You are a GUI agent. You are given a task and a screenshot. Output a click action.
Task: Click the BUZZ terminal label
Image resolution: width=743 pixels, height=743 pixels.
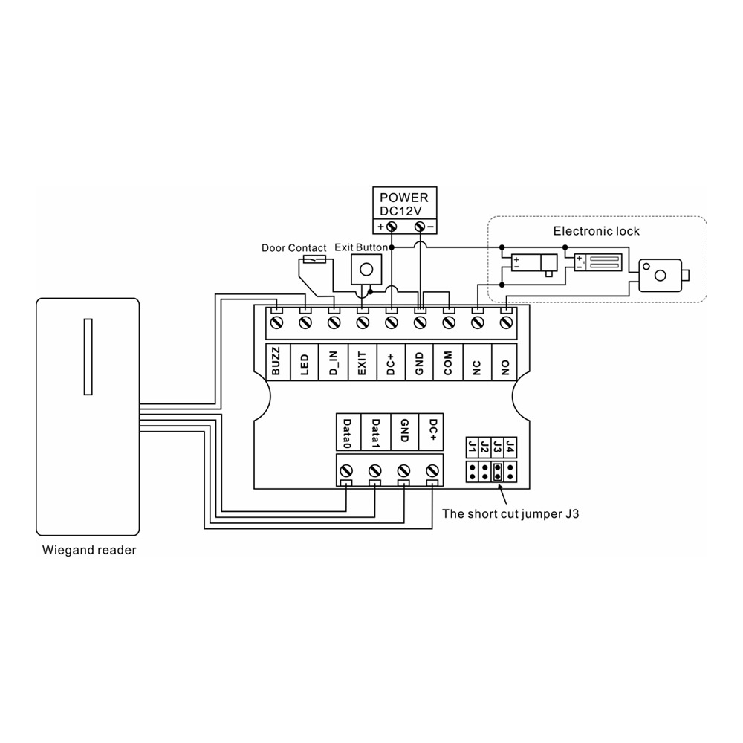click(276, 361)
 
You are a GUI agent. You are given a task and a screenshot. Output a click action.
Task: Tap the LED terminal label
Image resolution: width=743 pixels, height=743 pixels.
click(305, 364)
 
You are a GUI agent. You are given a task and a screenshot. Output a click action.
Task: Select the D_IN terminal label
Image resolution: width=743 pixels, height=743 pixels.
click(334, 363)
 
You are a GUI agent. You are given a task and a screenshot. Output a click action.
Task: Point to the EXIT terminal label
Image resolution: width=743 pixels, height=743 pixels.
click(362, 363)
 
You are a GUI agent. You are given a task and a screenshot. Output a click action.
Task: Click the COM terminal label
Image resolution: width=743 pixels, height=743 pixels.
click(448, 363)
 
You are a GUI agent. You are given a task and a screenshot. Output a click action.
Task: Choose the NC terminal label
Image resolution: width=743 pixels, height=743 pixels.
click(477, 368)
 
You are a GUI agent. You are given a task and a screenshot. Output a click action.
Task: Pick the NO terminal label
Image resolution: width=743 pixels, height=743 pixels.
click(505, 368)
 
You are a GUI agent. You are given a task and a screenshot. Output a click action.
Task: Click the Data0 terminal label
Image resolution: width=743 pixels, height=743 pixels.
click(347, 433)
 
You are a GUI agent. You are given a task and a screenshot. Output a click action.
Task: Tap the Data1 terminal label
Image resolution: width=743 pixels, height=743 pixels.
click(375, 433)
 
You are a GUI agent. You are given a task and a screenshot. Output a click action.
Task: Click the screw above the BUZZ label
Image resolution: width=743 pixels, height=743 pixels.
click(277, 322)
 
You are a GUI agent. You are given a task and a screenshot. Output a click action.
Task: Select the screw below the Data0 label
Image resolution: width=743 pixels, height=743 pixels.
click(346, 470)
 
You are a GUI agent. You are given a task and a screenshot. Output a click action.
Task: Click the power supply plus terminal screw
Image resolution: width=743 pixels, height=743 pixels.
click(392, 227)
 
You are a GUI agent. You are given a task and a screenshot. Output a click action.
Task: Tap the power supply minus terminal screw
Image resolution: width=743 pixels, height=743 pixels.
click(419, 227)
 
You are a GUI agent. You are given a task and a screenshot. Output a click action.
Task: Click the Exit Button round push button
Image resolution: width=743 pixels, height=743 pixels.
click(366, 270)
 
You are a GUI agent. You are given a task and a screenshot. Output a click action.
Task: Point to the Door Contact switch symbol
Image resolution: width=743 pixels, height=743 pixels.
click(314, 259)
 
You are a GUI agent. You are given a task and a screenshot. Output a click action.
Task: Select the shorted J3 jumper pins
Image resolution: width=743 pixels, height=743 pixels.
click(497, 471)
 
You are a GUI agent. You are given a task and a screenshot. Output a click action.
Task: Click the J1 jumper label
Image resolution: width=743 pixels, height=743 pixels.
click(472, 447)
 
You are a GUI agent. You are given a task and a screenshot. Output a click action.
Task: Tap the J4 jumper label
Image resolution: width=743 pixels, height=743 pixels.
click(510, 447)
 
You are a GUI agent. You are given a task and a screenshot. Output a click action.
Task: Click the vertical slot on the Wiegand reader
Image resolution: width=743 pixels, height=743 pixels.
click(88, 357)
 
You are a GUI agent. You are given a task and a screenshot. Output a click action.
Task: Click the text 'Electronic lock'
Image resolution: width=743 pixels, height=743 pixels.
click(596, 231)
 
